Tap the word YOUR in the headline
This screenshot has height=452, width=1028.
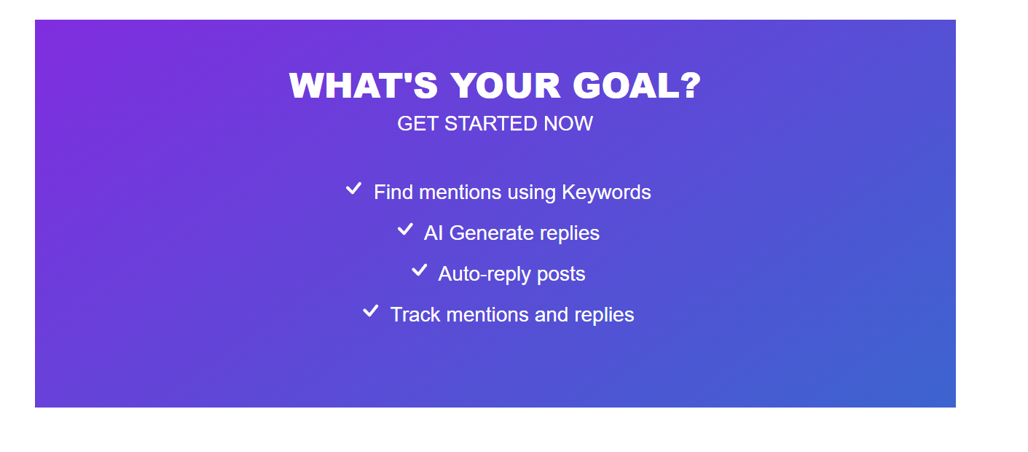(x=506, y=86)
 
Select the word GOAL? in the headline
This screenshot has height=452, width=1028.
(x=637, y=86)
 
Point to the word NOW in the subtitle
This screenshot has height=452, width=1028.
(x=568, y=123)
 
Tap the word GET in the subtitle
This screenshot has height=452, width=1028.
(x=417, y=123)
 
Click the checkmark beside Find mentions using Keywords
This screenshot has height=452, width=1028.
(x=354, y=188)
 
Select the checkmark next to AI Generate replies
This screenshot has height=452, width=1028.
(x=405, y=229)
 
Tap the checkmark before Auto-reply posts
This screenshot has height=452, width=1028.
(x=420, y=270)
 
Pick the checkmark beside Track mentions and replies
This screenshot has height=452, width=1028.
(x=371, y=311)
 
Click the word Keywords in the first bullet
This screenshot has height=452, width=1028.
(x=606, y=192)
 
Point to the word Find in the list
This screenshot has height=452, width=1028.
(x=393, y=192)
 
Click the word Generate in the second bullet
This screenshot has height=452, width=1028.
(x=492, y=233)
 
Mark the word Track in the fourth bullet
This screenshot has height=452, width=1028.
(x=415, y=315)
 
